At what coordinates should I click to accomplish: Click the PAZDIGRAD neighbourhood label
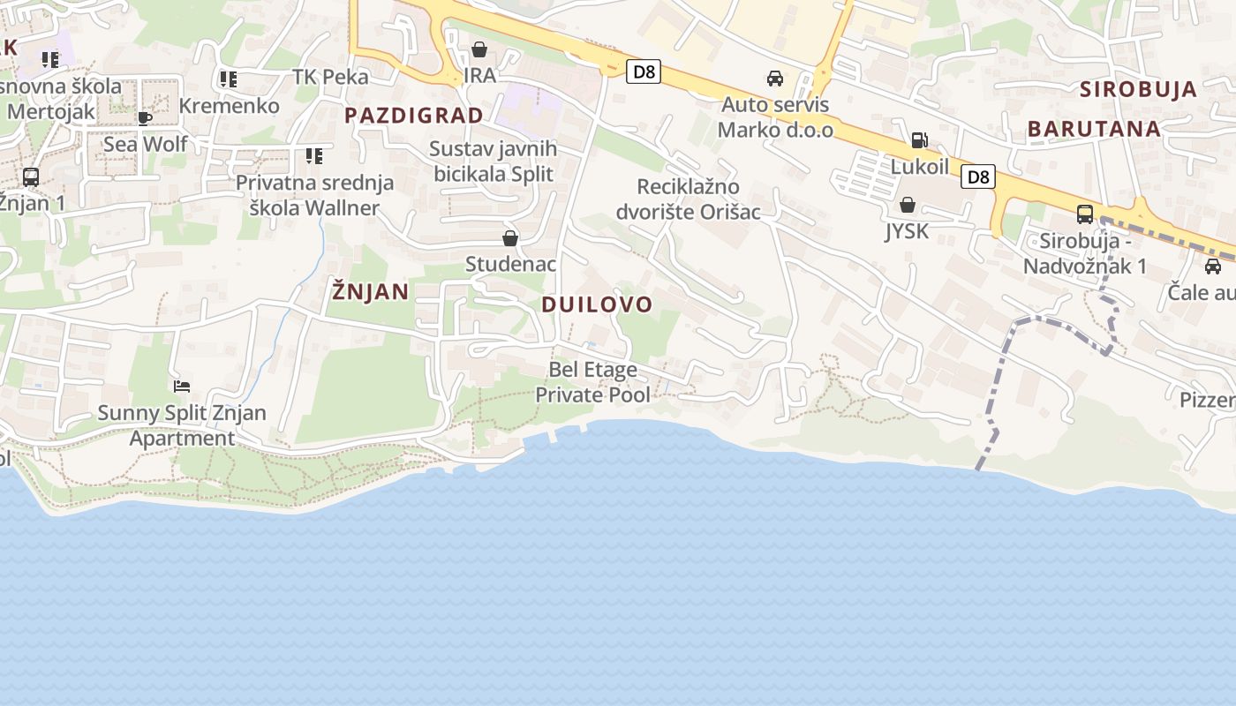(414, 116)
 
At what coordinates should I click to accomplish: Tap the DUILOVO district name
(597, 305)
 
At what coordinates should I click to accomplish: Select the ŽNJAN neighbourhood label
(371, 291)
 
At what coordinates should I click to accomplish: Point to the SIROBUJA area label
(1138, 89)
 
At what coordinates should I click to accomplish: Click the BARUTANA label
(1094, 129)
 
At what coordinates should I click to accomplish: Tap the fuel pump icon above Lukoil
(919, 140)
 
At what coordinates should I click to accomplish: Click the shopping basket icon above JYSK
(907, 206)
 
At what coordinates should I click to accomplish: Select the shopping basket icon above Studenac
(509, 238)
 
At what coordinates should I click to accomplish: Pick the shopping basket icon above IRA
(479, 49)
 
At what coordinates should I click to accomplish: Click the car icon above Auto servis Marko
(775, 79)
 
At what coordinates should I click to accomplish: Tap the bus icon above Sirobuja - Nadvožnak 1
(1084, 214)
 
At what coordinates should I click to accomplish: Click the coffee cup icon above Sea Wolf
(146, 118)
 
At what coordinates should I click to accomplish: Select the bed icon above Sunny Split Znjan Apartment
(182, 387)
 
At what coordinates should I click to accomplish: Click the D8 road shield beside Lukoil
(977, 176)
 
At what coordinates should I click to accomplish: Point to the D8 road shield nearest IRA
(644, 71)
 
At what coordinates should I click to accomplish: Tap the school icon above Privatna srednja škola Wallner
(313, 156)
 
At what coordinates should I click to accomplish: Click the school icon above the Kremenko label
(229, 79)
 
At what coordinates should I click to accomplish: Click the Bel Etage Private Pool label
(593, 382)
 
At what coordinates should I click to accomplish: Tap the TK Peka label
(330, 77)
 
